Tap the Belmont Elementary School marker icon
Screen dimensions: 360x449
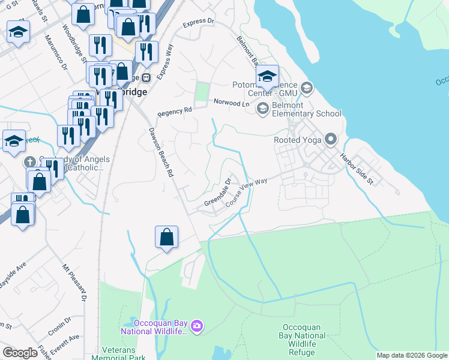click(262, 109)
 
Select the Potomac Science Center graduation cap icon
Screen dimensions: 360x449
click(307, 89)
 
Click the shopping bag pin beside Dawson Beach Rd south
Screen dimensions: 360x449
click(167, 237)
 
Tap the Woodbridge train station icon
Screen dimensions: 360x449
click(146, 77)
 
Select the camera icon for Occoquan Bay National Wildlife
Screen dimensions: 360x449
click(197, 326)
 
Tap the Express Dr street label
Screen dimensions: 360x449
click(198, 22)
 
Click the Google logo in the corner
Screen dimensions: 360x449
click(20, 352)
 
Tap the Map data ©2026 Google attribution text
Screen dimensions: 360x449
click(412, 355)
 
